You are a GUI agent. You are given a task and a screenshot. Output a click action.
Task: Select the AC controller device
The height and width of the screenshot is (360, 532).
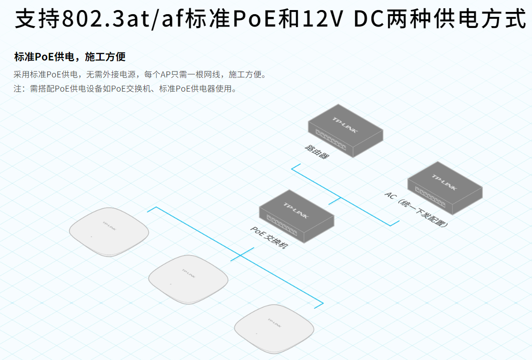(445, 188)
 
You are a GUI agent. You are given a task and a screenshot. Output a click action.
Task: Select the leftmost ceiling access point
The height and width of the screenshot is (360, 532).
(109, 232)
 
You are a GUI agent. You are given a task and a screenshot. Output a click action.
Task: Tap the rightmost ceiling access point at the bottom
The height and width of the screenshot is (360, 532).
(274, 328)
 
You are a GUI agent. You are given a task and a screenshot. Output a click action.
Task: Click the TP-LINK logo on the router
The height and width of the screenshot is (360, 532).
(345, 124)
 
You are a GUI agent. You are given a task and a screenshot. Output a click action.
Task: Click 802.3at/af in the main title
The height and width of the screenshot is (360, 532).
(122, 19)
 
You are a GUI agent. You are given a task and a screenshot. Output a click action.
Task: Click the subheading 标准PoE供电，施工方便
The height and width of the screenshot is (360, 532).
(70, 57)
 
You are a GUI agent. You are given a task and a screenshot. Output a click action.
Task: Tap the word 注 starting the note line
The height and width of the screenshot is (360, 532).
(17, 89)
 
